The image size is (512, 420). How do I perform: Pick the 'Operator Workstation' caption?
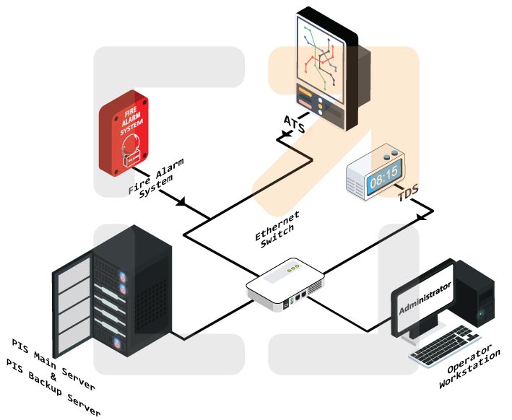pyautogui.click(x=470, y=368)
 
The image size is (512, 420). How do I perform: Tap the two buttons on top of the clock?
pyautogui.click(x=390, y=154)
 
